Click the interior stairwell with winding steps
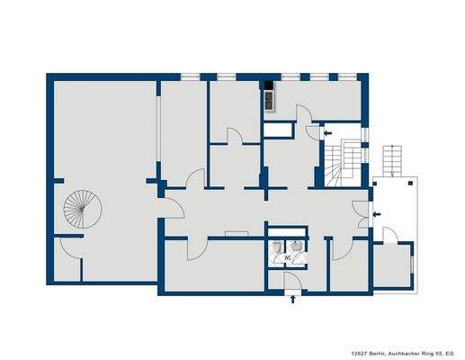[341, 164]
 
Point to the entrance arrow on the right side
[375, 213]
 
